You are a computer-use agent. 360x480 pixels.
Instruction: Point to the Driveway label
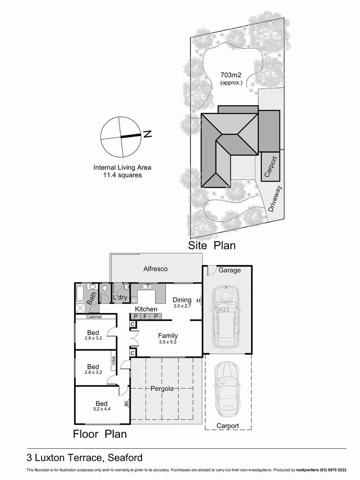click(x=275, y=199)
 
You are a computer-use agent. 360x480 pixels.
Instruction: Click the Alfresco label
click(x=155, y=269)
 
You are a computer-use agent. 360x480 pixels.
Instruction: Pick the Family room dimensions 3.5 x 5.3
click(x=168, y=342)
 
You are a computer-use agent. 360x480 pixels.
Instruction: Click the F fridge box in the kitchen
click(x=145, y=316)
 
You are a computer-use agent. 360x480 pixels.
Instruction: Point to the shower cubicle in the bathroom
click(x=80, y=308)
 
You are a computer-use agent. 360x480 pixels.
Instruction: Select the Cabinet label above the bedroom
click(x=94, y=317)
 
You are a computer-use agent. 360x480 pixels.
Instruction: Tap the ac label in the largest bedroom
click(x=126, y=404)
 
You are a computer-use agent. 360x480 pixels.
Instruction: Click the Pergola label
click(x=162, y=388)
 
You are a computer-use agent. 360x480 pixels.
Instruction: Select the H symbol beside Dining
click(x=198, y=300)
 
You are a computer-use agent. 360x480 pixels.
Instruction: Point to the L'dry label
click(x=120, y=298)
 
